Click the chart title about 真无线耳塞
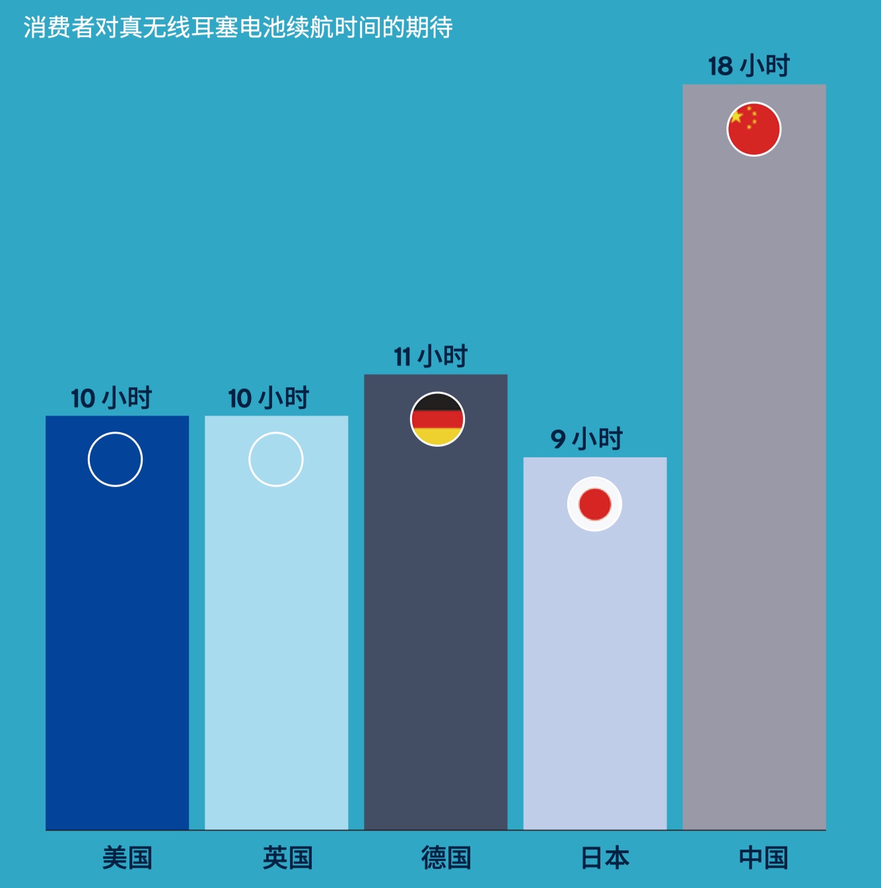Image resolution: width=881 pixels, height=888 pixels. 238,28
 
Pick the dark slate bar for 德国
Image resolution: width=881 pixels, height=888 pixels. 436,628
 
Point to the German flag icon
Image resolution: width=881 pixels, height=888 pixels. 437,420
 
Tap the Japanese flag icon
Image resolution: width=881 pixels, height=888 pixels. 595,504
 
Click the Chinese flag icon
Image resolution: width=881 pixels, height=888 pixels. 754,129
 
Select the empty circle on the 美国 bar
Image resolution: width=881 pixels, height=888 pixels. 116,459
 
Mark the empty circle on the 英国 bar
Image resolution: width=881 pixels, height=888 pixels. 276,459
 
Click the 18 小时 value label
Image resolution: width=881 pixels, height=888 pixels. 749,66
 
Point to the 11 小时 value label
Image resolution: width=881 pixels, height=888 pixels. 431,357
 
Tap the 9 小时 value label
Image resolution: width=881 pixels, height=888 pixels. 586,439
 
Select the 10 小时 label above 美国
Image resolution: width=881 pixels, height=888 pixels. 112,398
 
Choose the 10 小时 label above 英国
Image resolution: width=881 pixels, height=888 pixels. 269,398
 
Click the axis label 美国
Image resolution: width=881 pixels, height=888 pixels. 127,858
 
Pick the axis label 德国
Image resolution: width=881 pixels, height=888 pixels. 446,858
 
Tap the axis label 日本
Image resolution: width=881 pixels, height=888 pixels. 605,858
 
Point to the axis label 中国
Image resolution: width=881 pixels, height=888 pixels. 764,858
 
